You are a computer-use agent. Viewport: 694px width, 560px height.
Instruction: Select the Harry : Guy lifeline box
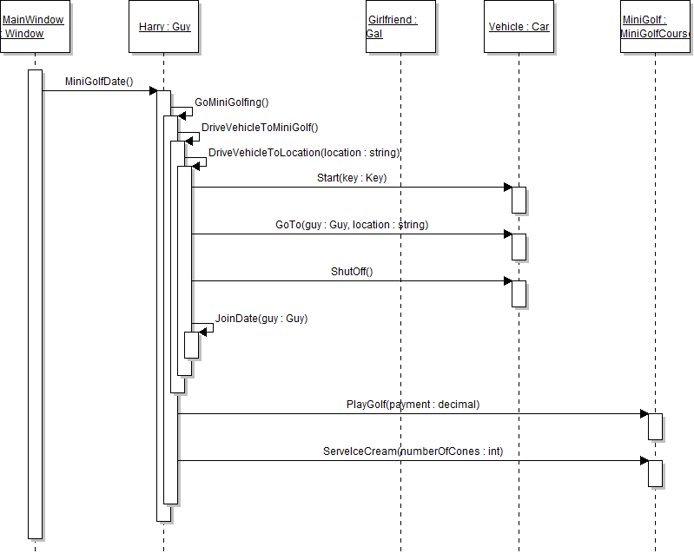click(164, 27)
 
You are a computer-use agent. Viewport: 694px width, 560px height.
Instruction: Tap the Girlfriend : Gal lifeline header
click(400, 27)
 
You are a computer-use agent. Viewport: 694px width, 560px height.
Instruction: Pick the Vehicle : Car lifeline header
click(519, 27)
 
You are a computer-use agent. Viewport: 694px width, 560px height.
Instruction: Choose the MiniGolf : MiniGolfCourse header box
click(657, 27)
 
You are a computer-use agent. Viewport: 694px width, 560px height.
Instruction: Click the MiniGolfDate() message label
click(99, 82)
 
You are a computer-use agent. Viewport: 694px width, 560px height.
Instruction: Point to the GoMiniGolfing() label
click(232, 102)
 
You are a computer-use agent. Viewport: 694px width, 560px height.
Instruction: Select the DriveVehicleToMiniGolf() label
click(260, 127)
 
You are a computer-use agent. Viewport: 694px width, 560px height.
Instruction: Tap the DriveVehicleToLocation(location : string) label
click(304, 153)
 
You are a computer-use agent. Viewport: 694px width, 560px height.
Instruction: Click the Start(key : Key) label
click(352, 178)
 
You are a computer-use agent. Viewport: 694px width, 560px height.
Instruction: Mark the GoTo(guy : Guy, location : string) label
click(352, 225)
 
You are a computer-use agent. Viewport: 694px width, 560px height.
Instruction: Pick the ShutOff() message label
click(352, 272)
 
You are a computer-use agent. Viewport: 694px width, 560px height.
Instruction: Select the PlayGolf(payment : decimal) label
click(413, 405)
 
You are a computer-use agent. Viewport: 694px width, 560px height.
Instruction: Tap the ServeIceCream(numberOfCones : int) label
click(413, 451)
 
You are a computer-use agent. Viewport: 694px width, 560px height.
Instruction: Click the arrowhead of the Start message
click(506, 188)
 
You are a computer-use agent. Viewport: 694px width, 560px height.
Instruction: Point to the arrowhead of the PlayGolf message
click(644, 414)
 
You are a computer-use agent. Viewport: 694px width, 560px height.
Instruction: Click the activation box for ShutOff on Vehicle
click(519, 293)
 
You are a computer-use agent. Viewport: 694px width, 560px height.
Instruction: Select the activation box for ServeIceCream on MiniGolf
click(656, 473)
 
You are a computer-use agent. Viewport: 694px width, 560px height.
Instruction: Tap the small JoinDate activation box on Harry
click(192, 345)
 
